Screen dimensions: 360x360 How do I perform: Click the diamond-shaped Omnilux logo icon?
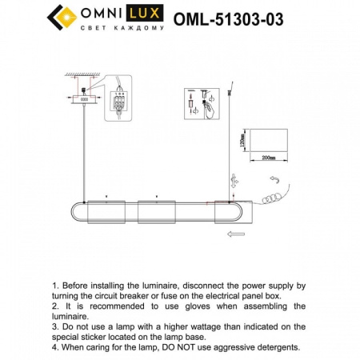63,17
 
